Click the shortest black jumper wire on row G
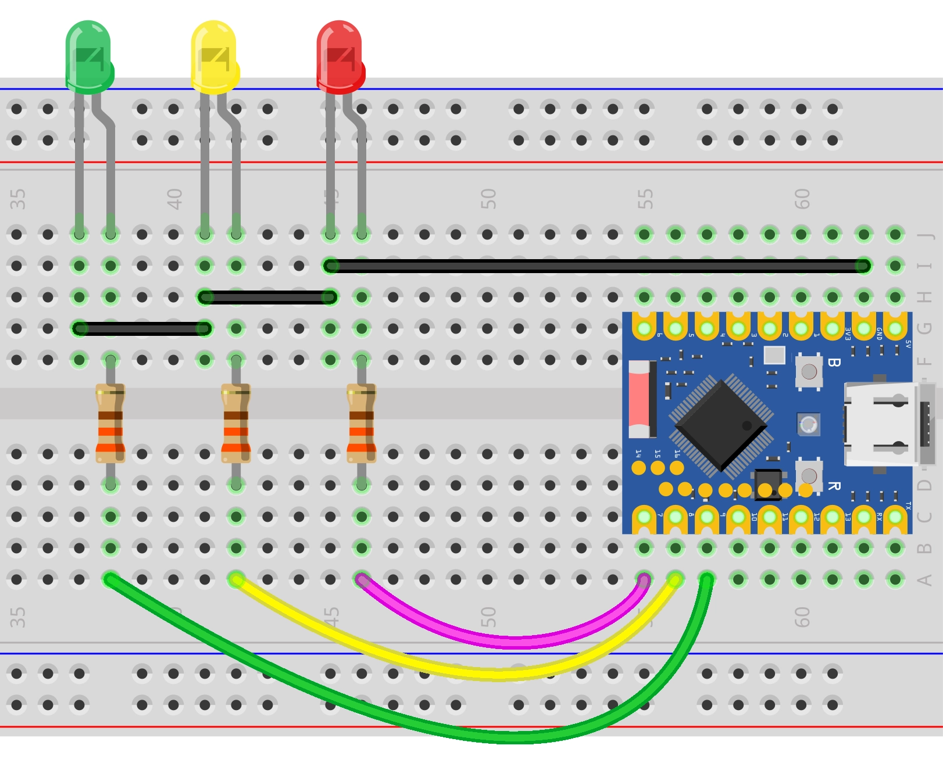pos(141,329)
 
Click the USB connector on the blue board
pos(884,424)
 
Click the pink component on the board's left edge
pos(639,399)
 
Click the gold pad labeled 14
pos(639,468)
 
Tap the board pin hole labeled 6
pos(644,329)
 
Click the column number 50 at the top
pos(488,199)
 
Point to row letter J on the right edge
pos(924,235)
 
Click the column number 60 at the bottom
pos(802,617)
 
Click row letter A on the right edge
pos(924,579)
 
